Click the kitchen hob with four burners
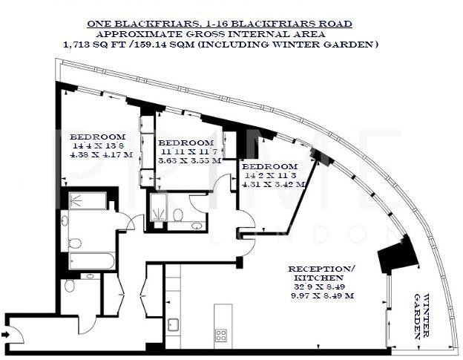pos(221,334)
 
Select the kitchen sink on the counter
pos(173,324)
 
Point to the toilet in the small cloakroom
pos(70,285)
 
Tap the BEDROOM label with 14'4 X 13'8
pos(97,137)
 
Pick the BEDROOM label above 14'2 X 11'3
pos(270,166)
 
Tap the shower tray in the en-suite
pos(159,208)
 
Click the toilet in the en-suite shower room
pos(178,215)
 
